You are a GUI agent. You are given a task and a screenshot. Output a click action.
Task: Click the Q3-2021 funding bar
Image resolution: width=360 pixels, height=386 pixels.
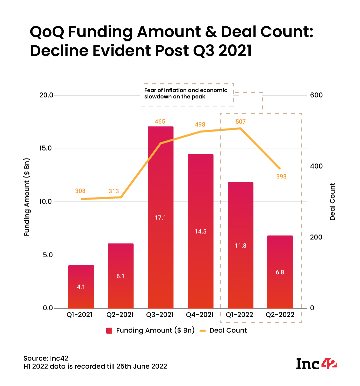160,217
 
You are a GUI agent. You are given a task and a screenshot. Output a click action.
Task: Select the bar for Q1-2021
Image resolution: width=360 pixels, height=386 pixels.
81,287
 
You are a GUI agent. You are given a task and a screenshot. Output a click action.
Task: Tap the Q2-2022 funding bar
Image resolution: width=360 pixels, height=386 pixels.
280,272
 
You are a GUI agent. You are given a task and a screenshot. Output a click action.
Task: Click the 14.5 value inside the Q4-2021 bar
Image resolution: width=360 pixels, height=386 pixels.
201,232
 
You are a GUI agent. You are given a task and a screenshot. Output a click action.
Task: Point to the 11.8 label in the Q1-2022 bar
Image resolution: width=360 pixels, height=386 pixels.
240,246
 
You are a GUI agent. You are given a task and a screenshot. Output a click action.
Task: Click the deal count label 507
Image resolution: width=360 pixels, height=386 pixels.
240,122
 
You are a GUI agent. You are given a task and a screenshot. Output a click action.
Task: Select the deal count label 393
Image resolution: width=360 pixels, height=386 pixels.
281,176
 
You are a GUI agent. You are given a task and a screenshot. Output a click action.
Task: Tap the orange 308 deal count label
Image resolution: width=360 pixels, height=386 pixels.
80,191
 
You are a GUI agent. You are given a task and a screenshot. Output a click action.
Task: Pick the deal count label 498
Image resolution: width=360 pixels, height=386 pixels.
200,125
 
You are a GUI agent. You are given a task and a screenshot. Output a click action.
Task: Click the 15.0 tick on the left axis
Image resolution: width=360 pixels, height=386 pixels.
46,148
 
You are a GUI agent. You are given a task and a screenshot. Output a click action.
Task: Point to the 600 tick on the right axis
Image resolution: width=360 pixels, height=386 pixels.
316,95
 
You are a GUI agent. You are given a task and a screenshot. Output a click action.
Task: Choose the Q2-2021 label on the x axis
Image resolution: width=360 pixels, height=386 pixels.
120,315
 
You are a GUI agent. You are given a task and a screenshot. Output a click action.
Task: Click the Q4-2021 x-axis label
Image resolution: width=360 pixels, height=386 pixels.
200,315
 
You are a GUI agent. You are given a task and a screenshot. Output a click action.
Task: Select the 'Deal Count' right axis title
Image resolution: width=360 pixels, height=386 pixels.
332,202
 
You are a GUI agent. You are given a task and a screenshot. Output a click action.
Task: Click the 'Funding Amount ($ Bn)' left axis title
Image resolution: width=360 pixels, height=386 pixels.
27,197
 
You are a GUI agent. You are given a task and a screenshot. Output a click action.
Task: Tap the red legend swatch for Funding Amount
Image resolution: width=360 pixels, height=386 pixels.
109,331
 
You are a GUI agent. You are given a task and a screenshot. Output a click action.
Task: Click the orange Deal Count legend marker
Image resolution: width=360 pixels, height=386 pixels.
203,331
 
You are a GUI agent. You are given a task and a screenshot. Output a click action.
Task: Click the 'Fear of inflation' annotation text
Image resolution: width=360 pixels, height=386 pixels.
186,93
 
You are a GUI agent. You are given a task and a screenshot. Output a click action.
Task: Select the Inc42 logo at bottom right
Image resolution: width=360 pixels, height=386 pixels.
316,363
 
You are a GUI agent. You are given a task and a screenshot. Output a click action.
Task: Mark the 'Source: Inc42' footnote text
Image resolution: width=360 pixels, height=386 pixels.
46,358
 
